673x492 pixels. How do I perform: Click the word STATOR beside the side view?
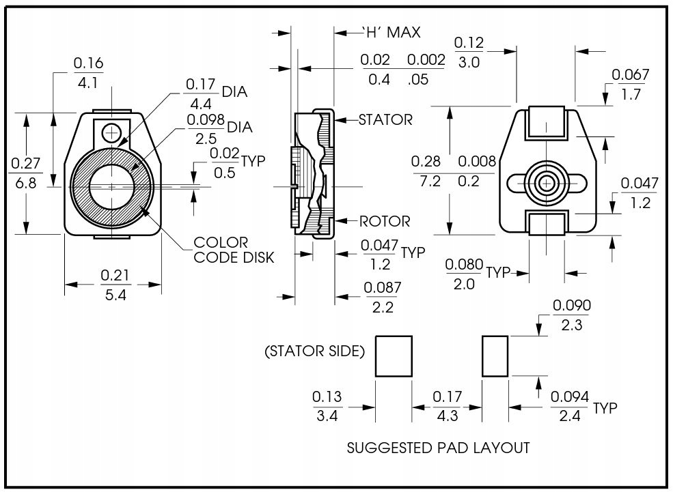(385, 119)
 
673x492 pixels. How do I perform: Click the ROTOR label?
(385, 222)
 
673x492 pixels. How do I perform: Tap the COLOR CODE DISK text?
(234, 250)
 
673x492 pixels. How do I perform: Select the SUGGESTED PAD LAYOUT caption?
(438, 448)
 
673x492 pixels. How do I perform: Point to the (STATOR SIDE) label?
(314, 351)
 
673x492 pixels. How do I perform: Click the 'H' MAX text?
(391, 33)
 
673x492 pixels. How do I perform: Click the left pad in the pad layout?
(394, 356)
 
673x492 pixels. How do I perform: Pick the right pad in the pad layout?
(495, 356)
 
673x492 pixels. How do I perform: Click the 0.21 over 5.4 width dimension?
(115, 285)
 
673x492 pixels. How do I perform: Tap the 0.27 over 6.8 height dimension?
(25, 173)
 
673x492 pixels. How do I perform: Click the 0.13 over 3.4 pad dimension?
(327, 406)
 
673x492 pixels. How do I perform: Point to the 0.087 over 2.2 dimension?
(383, 298)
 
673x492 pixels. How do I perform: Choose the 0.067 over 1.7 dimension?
(631, 84)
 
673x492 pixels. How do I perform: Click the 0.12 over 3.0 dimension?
(469, 53)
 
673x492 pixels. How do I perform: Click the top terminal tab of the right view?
(546, 122)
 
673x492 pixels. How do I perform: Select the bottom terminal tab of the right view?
(546, 223)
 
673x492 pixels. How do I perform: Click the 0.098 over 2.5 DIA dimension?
(219, 129)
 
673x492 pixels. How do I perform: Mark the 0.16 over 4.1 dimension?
(88, 73)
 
